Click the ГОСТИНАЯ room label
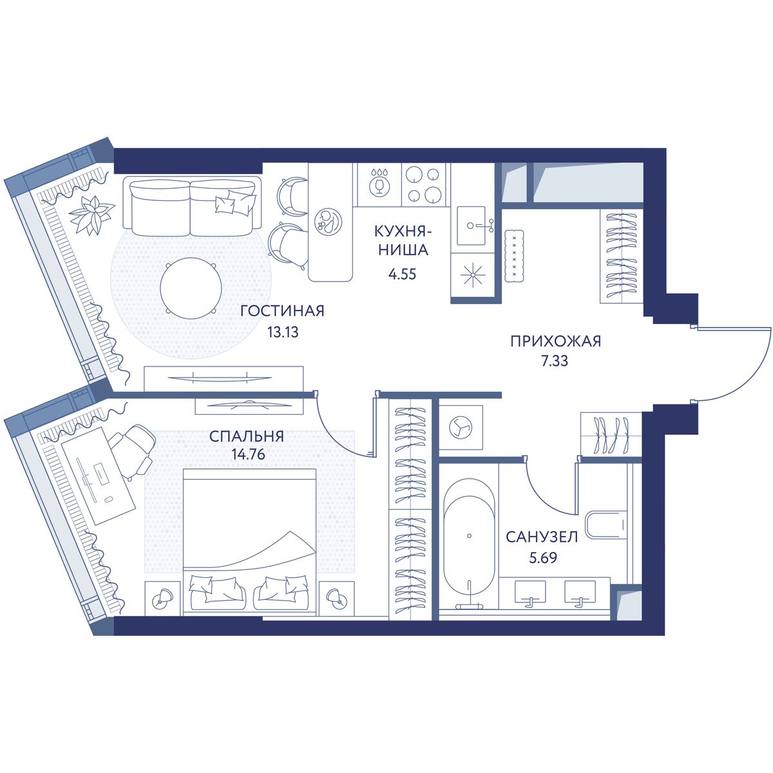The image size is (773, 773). (x=282, y=310)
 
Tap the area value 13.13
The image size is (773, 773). (x=283, y=332)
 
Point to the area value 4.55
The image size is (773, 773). (x=402, y=274)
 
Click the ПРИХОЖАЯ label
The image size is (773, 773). (x=555, y=341)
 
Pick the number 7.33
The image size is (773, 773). (x=555, y=361)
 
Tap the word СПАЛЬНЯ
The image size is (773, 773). (x=247, y=436)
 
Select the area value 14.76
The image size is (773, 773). (x=248, y=455)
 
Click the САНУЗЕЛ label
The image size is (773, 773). (x=542, y=537)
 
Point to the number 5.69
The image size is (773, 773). (x=543, y=558)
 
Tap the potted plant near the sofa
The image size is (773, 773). (x=91, y=215)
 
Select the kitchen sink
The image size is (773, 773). (x=472, y=226)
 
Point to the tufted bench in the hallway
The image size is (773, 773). (x=515, y=256)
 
